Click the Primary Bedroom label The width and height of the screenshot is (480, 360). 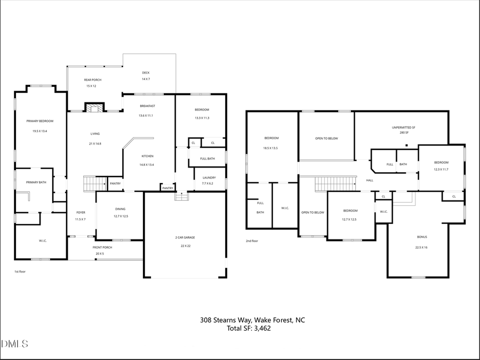tap(40, 121)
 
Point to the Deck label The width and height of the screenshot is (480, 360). tap(146, 73)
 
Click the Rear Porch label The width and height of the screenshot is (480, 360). tap(93, 80)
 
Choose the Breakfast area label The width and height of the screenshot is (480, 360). tap(147, 106)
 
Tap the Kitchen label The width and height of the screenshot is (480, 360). tap(147, 156)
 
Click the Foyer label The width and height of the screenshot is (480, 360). tap(81, 212)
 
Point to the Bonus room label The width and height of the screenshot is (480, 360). tap(422, 237)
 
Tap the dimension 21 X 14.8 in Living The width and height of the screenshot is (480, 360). tap(95, 143)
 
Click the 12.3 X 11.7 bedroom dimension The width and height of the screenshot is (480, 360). tap(441, 169)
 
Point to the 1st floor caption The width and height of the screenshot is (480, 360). tap(20, 271)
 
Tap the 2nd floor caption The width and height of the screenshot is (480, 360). tap(252, 241)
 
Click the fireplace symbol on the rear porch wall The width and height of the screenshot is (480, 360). tap(94, 108)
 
